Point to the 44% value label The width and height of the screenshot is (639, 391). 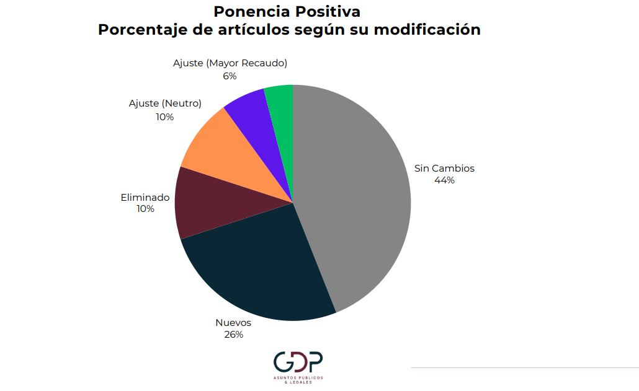click(445, 180)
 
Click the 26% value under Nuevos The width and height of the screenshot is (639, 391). click(233, 335)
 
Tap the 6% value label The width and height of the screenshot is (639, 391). click(230, 76)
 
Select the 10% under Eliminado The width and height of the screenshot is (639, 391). click(145, 209)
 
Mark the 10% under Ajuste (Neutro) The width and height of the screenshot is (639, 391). click(165, 116)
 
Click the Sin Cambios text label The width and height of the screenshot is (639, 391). click(444, 169)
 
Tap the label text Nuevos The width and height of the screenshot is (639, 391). click(233, 323)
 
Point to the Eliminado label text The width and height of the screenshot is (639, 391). click(145, 198)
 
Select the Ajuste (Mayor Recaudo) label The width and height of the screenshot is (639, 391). click(230, 63)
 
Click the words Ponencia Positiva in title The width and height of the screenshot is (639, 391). click(287, 11)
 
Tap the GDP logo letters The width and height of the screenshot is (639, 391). click(298, 363)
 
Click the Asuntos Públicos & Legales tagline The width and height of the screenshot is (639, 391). click(298, 379)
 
